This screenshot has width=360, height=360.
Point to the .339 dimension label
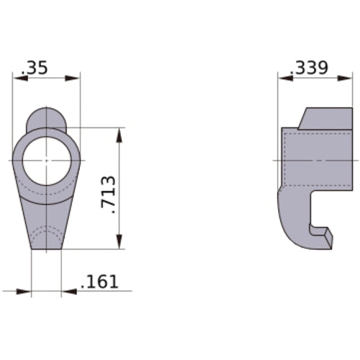tap(310, 68)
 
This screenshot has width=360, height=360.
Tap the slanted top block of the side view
tap(316, 119)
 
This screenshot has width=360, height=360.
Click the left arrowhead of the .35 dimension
tap(19, 78)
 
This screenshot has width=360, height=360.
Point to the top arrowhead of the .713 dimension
tap(119, 133)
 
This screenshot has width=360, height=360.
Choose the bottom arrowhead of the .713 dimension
tap(119, 243)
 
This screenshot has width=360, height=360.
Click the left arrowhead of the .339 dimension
tap(284, 78)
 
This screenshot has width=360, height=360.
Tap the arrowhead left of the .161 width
tap(25, 292)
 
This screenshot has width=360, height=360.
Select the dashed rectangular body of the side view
tap(310, 158)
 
